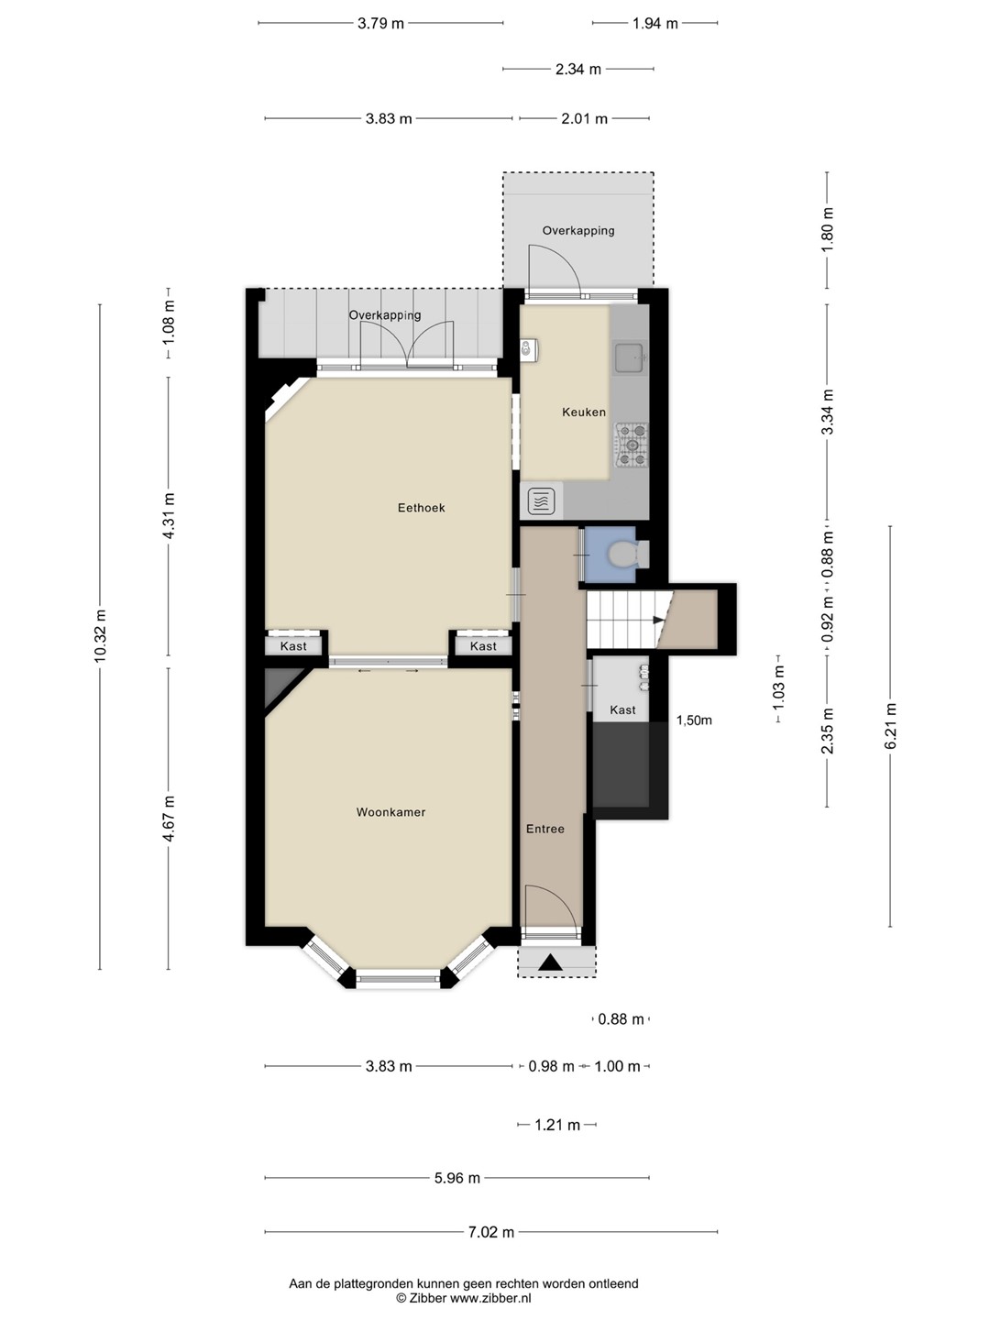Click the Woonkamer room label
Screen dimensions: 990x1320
(x=390, y=812)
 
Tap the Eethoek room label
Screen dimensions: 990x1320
(x=422, y=508)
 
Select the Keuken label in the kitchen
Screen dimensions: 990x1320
(x=584, y=412)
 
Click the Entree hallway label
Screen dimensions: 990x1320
(x=545, y=830)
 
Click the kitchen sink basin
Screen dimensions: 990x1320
(x=630, y=358)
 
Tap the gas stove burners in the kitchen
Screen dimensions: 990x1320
(x=632, y=445)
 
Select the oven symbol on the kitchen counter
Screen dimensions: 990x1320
(x=542, y=501)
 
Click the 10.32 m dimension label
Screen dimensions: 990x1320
(x=100, y=636)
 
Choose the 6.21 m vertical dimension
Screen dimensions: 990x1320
(x=890, y=726)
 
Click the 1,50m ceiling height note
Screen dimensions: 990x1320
(x=694, y=720)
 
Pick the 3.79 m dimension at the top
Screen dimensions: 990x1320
(x=380, y=24)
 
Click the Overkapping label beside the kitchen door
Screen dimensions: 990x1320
(x=578, y=231)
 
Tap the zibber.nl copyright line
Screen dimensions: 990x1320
(x=464, y=1298)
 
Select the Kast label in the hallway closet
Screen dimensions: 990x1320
(x=622, y=710)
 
